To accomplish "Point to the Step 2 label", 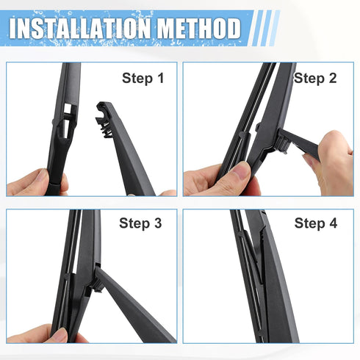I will click(x=315, y=77).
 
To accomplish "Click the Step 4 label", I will click(x=315, y=223).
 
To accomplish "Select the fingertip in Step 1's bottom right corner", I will click(x=168, y=192).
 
